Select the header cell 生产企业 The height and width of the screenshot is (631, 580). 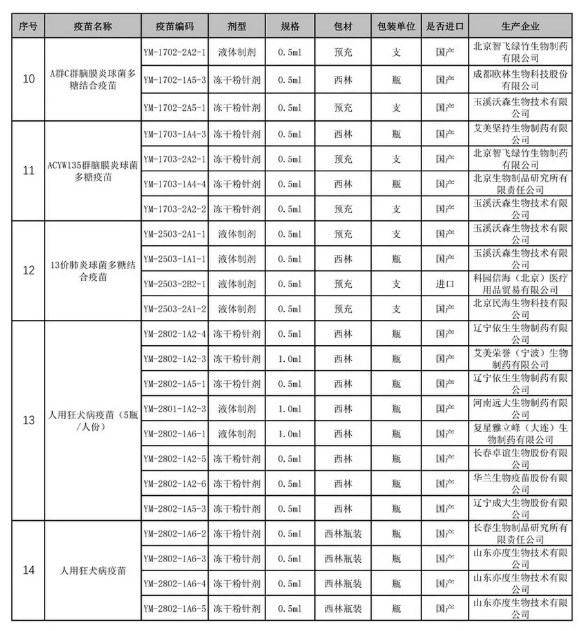520,26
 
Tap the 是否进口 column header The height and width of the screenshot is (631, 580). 445,26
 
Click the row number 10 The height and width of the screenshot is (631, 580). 29,79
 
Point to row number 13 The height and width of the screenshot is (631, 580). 29,420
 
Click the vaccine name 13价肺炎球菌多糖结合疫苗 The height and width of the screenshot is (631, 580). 93,271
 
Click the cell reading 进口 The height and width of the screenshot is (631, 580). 445,284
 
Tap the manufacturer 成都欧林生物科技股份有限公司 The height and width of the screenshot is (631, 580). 520,80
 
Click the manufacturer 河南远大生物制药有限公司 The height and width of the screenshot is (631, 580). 520,409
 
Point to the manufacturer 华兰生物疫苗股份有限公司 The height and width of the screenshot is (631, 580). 520,484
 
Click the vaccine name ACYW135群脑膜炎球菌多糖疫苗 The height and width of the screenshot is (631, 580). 93,171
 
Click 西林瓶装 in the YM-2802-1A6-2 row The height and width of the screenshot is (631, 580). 343,534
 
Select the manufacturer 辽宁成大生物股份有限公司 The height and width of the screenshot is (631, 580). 520,509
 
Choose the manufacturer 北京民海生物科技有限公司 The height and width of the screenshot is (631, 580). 520,309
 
